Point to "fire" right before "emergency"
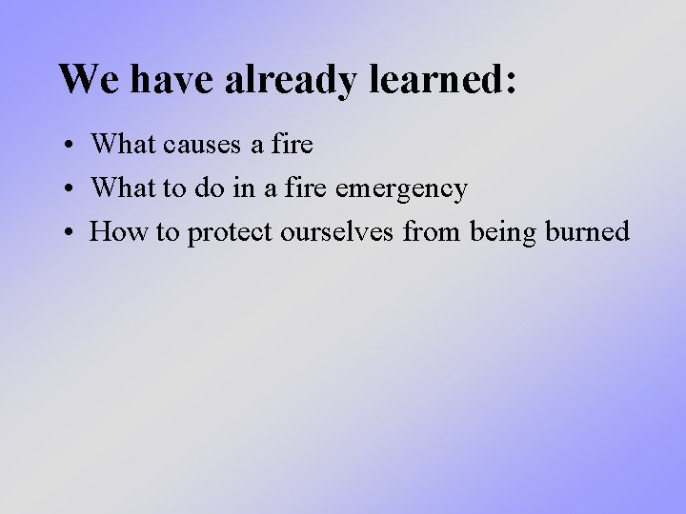point(307,188)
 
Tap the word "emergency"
point(400,189)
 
